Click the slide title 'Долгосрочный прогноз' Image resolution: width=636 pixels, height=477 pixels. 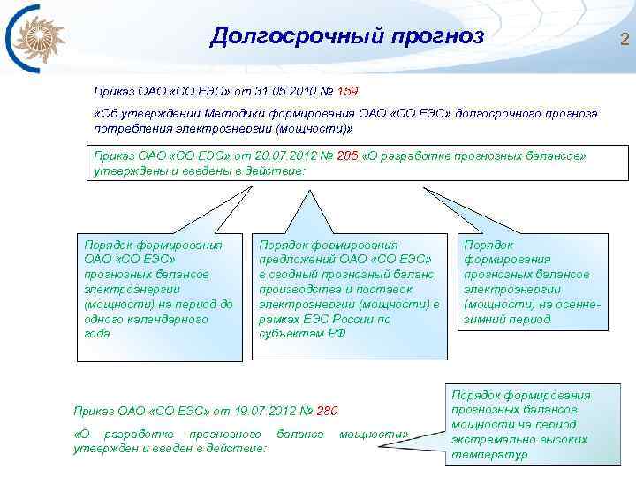point(347,36)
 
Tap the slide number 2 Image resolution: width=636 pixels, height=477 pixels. point(624,38)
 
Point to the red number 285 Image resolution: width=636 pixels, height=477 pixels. point(347,155)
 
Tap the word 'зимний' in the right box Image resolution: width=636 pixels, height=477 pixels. point(481,319)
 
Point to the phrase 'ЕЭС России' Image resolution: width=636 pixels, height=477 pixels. point(335,319)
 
